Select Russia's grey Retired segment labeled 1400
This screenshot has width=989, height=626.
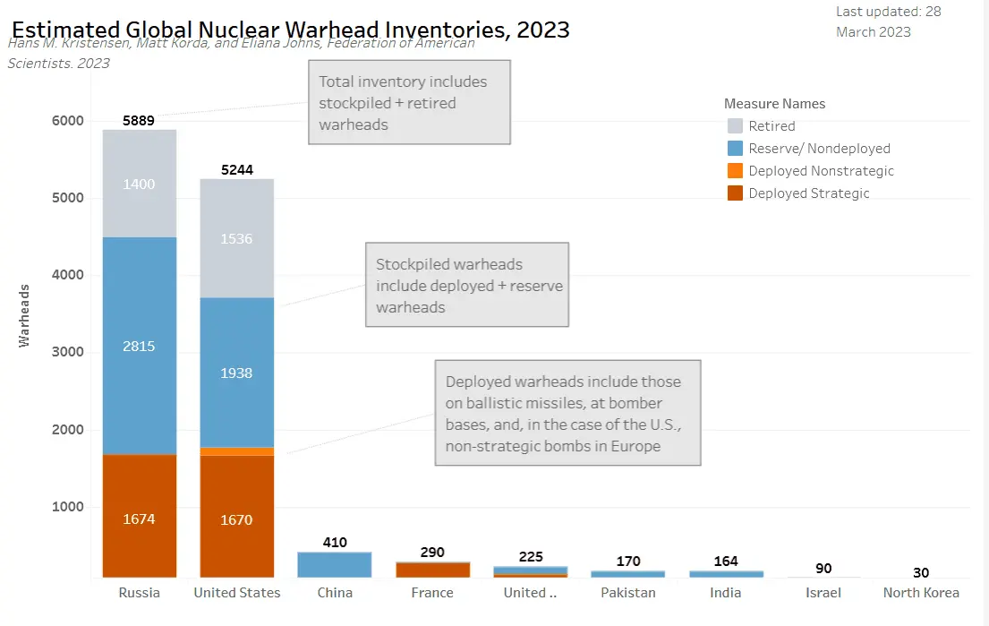[139, 184]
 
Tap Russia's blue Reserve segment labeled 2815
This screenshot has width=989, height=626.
[139, 346]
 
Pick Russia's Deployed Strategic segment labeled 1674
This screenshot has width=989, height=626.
[139, 519]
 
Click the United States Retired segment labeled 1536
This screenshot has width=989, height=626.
[236, 238]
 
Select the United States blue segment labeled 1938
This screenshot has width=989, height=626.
[236, 373]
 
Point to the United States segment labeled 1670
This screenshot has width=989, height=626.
[236, 519]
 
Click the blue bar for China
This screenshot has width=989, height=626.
[334, 564]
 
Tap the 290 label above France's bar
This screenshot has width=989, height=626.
[432, 553]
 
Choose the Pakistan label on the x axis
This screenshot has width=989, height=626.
[627, 593]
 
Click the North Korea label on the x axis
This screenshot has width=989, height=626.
[921, 593]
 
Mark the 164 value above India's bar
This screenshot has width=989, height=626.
[726, 562]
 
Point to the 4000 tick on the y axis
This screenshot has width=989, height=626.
[66, 275]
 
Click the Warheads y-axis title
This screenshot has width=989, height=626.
[26, 315]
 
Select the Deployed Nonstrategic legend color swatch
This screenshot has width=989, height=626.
[735, 171]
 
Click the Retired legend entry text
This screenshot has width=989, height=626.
[772, 126]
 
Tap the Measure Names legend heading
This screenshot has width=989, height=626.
[774, 104]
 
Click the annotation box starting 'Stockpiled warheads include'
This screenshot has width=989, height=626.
[466, 286]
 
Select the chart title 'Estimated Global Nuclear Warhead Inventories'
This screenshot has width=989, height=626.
[290, 30]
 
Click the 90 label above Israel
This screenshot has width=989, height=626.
[823, 569]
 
